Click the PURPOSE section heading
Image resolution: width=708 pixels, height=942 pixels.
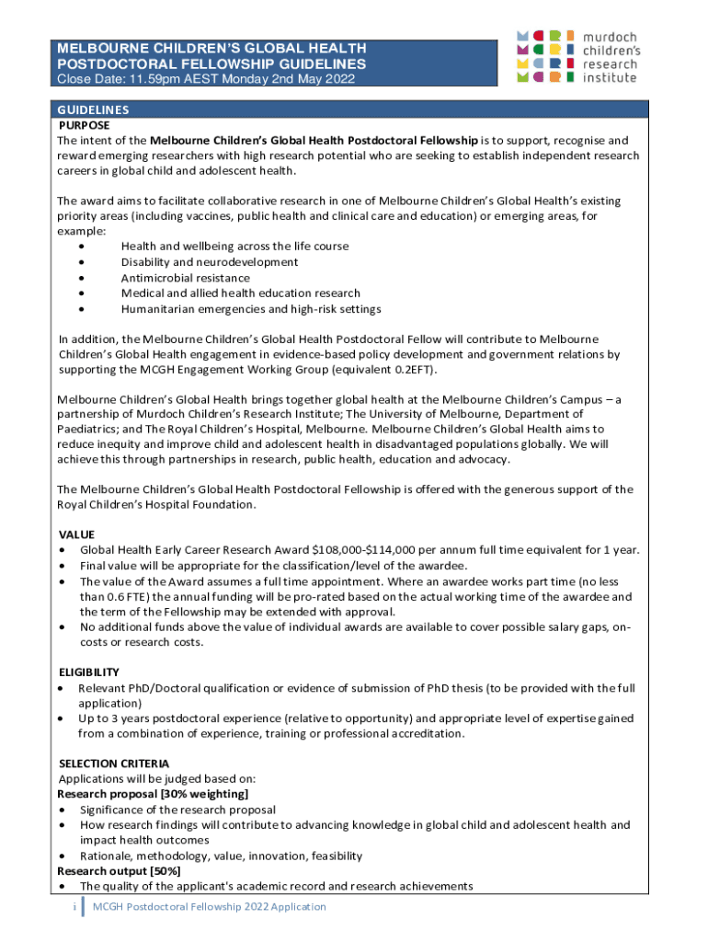84,125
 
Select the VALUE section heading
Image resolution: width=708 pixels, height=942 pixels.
76,534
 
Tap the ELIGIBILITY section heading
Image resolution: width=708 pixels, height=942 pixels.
89,672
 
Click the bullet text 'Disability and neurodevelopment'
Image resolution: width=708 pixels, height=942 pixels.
210,262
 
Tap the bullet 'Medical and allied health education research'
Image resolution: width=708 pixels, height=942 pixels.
240,293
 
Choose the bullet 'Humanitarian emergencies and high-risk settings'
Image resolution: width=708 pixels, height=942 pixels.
251,309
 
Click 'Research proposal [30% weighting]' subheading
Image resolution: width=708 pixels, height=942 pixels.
153,794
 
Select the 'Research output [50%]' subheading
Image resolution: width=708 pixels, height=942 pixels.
119,870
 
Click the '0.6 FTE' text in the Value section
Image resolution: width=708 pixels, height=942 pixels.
119,596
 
